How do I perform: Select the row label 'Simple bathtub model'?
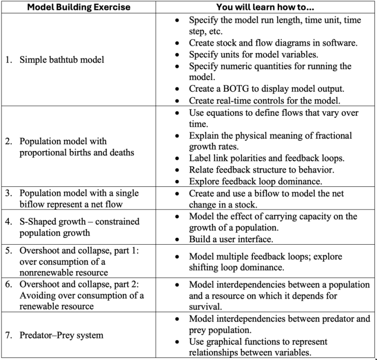coord(61,60)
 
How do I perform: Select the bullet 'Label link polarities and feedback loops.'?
coord(268,158)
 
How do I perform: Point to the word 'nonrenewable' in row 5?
coord(44,272)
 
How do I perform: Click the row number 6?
coord(9,284)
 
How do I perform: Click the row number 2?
coord(9,141)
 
